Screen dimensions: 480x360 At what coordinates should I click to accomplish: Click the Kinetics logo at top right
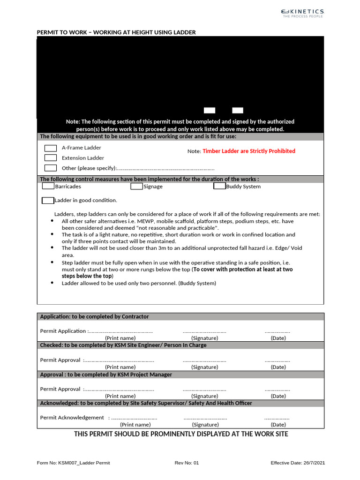[x=302, y=13]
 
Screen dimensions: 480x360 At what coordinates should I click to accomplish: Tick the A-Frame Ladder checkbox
[x=51, y=148]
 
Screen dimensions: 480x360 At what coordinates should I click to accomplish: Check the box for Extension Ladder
[x=51, y=158]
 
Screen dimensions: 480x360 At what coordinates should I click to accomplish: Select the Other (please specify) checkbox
[x=51, y=168]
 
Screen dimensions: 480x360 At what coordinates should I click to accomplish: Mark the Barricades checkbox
[x=48, y=186]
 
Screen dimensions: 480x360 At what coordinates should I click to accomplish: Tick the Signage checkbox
[x=136, y=186]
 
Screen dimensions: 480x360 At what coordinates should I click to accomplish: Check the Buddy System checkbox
[x=219, y=186]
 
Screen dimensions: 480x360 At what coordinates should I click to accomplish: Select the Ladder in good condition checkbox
[x=48, y=201]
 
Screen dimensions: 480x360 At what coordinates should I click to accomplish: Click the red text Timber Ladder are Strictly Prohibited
[x=249, y=151]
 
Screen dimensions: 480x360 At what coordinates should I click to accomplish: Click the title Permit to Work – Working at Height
[x=116, y=32]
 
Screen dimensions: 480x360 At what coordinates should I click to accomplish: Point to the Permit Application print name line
[x=120, y=331]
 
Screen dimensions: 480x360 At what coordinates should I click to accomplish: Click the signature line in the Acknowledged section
[x=205, y=418]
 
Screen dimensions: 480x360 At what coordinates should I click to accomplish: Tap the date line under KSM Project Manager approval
[x=277, y=390]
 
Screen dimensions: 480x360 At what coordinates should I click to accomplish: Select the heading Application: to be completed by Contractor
[x=95, y=317]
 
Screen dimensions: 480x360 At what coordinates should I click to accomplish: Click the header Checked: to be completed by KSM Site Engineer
[x=123, y=345]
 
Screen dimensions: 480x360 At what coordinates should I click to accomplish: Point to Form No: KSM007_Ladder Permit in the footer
[x=74, y=463]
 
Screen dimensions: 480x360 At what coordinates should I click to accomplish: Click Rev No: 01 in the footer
[x=187, y=463]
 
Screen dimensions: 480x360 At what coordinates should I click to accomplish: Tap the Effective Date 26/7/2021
[x=298, y=463]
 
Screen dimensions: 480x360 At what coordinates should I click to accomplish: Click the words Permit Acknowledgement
[x=72, y=418]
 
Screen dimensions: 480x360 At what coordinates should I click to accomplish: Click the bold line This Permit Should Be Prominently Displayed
[x=181, y=434]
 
